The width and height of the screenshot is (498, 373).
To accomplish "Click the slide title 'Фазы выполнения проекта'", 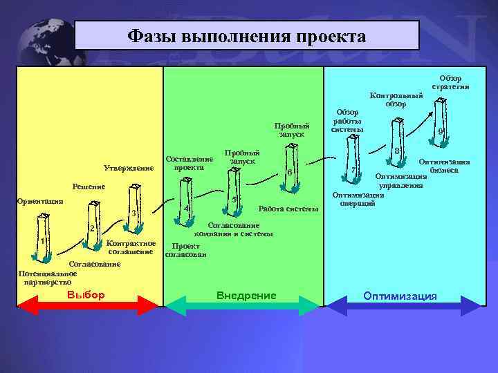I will click(247, 35).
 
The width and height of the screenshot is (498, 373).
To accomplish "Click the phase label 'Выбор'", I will click(86, 295).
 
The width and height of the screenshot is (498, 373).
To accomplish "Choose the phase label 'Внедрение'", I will click(246, 295).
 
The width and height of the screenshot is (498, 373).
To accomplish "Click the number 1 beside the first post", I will click(43, 240).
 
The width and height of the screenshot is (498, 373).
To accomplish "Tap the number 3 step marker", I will click(133, 213).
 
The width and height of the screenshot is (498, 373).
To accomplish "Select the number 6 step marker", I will click(290, 172).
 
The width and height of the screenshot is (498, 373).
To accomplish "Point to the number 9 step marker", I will click(441, 133).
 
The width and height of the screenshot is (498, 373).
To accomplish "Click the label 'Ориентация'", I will click(39, 201).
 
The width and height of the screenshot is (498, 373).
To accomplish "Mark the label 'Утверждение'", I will click(129, 167).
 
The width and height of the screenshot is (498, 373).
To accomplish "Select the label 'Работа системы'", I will click(288, 209).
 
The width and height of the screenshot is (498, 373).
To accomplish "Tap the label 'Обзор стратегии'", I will click(451, 82).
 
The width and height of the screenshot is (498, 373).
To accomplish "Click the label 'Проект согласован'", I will click(184, 250).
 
